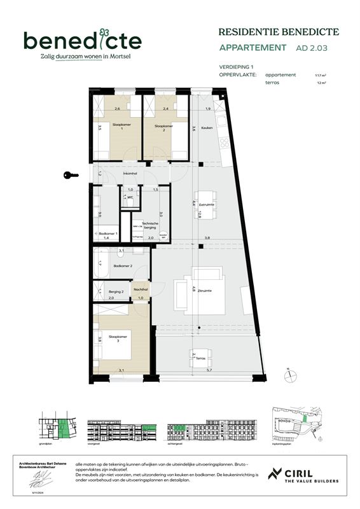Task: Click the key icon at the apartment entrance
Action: point(71,174)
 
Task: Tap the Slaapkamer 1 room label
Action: point(121,127)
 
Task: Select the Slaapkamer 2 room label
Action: point(164,127)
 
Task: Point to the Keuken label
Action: point(207,128)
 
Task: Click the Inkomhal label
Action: point(131,173)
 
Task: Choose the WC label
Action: point(130,197)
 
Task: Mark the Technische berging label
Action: point(149,225)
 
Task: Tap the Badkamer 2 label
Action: point(123,265)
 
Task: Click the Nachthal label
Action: point(141,289)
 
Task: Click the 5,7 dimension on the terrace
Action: point(208,370)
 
